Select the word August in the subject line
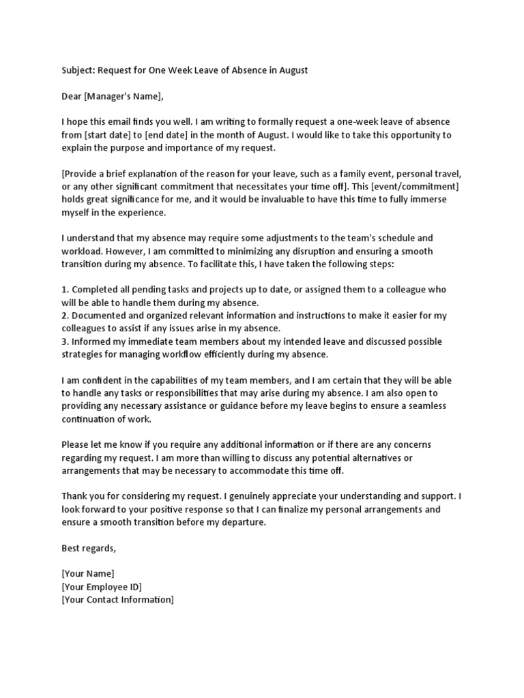pyautogui.click(x=292, y=70)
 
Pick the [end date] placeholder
pyautogui.click(x=169, y=135)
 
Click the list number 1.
pyautogui.click(x=65, y=290)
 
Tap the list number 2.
pyautogui.click(x=65, y=316)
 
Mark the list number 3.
pyautogui.click(x=65, y=342)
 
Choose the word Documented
pyautogui.click(x=100, y=316)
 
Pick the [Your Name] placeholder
pyautogui.click(x=88, y=573)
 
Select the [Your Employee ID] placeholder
pyautogui.click(x=102, y=587)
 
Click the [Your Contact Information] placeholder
pyautogui.click(x=117, y=600)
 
